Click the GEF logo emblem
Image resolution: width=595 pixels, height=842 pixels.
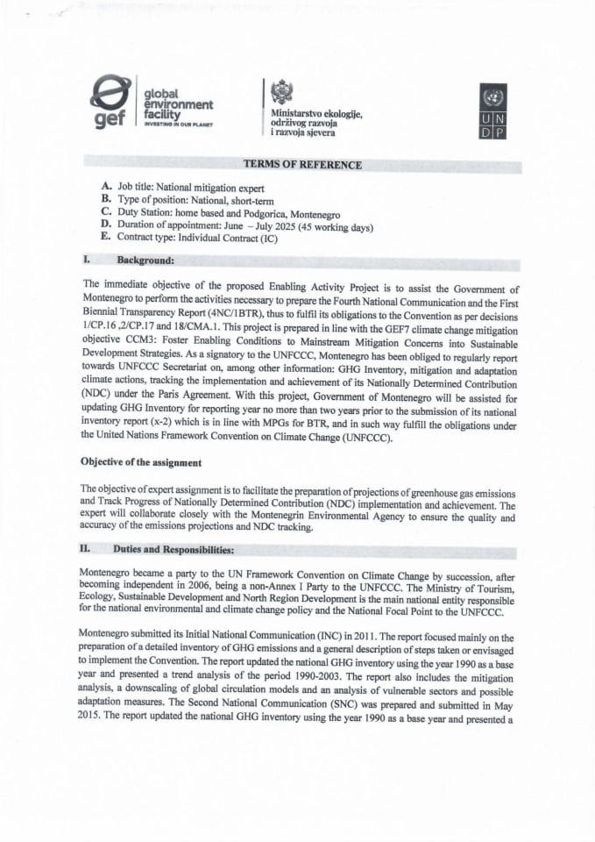[113, 103]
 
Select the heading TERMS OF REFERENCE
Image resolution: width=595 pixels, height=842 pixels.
[302, 165]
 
